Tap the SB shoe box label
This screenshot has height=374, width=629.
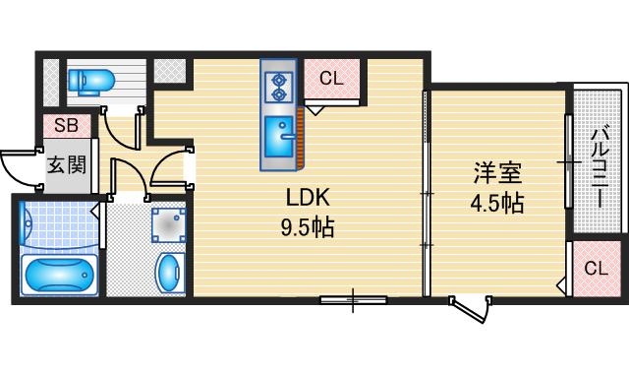66,125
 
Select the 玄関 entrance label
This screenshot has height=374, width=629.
67,165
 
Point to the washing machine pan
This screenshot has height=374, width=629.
168,225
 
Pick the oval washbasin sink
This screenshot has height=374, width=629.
168,273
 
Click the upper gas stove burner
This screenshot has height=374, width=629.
278,80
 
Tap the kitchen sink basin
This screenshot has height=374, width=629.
279,136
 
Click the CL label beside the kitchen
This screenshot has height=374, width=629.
331,79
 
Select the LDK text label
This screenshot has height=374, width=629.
308,198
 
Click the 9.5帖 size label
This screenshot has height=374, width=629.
308,228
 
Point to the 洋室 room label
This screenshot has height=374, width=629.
498,173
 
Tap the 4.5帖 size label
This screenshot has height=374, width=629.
497,203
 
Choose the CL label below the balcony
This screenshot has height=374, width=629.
597,268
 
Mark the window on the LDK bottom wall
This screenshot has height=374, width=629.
354,299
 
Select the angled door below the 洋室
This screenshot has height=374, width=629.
470,309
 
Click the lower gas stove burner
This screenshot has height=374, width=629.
278,95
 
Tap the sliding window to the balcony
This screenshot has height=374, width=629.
568,161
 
